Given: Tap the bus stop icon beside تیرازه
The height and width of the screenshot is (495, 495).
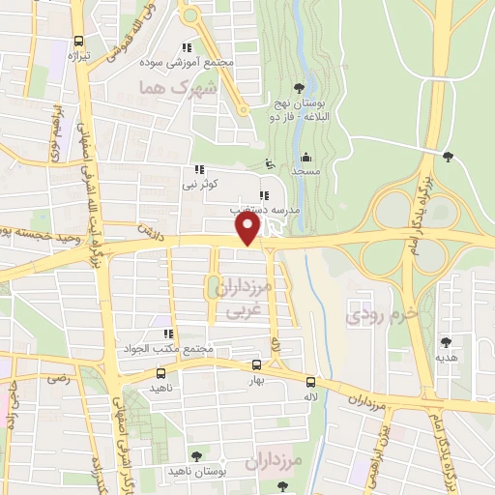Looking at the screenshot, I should [79, 42].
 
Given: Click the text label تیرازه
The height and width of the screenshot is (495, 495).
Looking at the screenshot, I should [78, 57].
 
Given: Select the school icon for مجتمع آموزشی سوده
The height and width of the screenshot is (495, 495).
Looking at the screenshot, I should [187, 46].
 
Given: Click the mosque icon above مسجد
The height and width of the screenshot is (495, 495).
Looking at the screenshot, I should [306, 157].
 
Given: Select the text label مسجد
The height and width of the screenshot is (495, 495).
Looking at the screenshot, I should [306, 171].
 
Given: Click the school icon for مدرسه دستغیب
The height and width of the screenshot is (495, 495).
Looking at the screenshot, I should [264, 194].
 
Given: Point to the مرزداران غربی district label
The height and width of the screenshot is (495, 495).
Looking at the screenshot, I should [242, 300].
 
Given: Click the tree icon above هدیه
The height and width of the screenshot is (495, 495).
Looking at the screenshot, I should [446, 341].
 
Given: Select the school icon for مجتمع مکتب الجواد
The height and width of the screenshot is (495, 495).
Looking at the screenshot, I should [168, 334].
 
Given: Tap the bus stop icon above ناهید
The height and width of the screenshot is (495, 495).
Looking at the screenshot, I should [160, 372].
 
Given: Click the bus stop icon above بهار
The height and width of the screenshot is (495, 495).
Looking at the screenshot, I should [256, 364].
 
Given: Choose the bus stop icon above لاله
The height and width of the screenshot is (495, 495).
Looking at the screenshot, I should [310, 381].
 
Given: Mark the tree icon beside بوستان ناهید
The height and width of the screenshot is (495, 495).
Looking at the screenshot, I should [197, 455].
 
